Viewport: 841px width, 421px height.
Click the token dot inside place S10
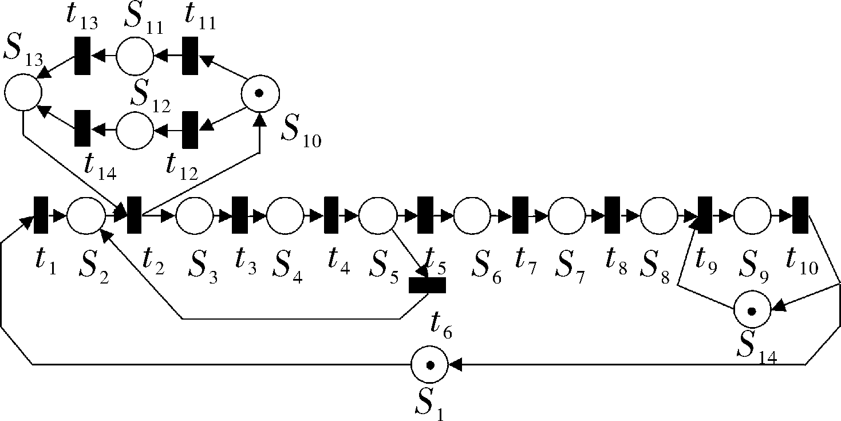point(259,93)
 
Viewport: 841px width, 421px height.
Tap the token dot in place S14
point(752,312)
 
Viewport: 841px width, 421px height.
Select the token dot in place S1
point(431,365)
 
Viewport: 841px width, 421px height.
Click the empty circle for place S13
point(23,92)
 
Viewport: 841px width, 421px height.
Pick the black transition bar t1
point(41,215)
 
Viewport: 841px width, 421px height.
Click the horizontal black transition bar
point(427,285)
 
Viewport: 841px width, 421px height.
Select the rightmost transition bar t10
point(800,215)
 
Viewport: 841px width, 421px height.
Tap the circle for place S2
point(86,215)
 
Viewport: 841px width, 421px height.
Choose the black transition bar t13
point(82,56)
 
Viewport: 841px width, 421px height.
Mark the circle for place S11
point(135,56)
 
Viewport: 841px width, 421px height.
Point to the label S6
point(486,267)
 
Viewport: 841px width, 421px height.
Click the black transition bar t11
point(190,56)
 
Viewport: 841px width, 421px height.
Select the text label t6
point(441,324)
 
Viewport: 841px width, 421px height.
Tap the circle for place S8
point(659,215)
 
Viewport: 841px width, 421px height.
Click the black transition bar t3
point(240,215)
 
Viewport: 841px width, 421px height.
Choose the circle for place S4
point(285,215)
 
